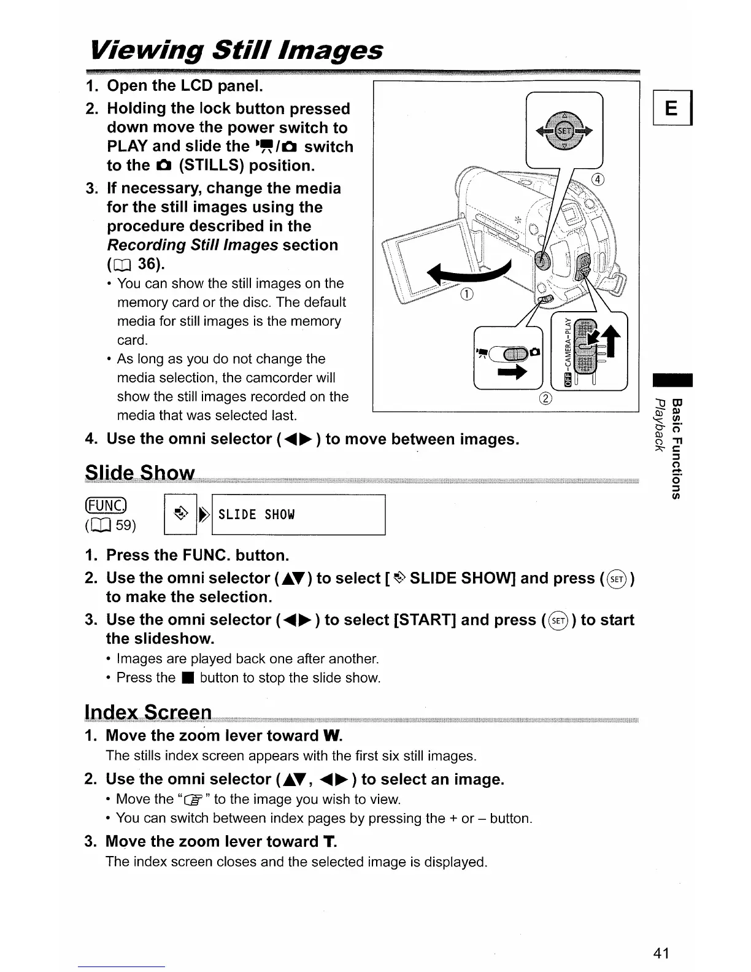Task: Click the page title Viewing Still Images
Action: (236, 50)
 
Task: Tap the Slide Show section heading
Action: (140, 473)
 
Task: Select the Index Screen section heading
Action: (148, 712)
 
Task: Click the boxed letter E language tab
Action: (672, 109)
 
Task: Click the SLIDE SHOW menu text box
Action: (298, 515)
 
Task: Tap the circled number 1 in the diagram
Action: (466, 294)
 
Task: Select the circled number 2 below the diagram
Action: (545, 399)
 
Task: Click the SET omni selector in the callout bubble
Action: (564, 130)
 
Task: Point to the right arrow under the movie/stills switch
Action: (512, 372)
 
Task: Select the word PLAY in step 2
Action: (128, 147)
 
